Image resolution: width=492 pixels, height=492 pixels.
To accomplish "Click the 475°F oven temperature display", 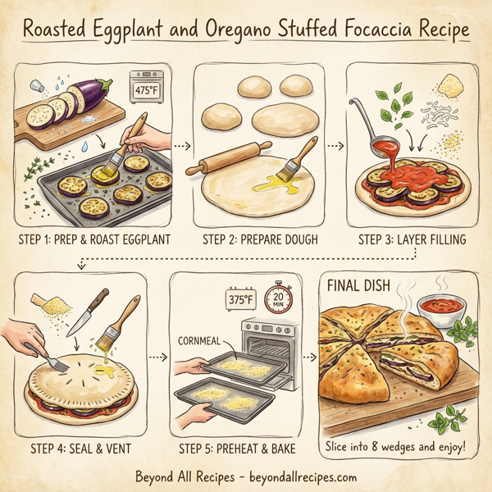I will [147, 85].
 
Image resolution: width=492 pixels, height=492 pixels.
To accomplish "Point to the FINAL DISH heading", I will [359, 289].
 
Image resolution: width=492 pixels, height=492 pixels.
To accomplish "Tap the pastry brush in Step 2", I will [299, 161].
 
